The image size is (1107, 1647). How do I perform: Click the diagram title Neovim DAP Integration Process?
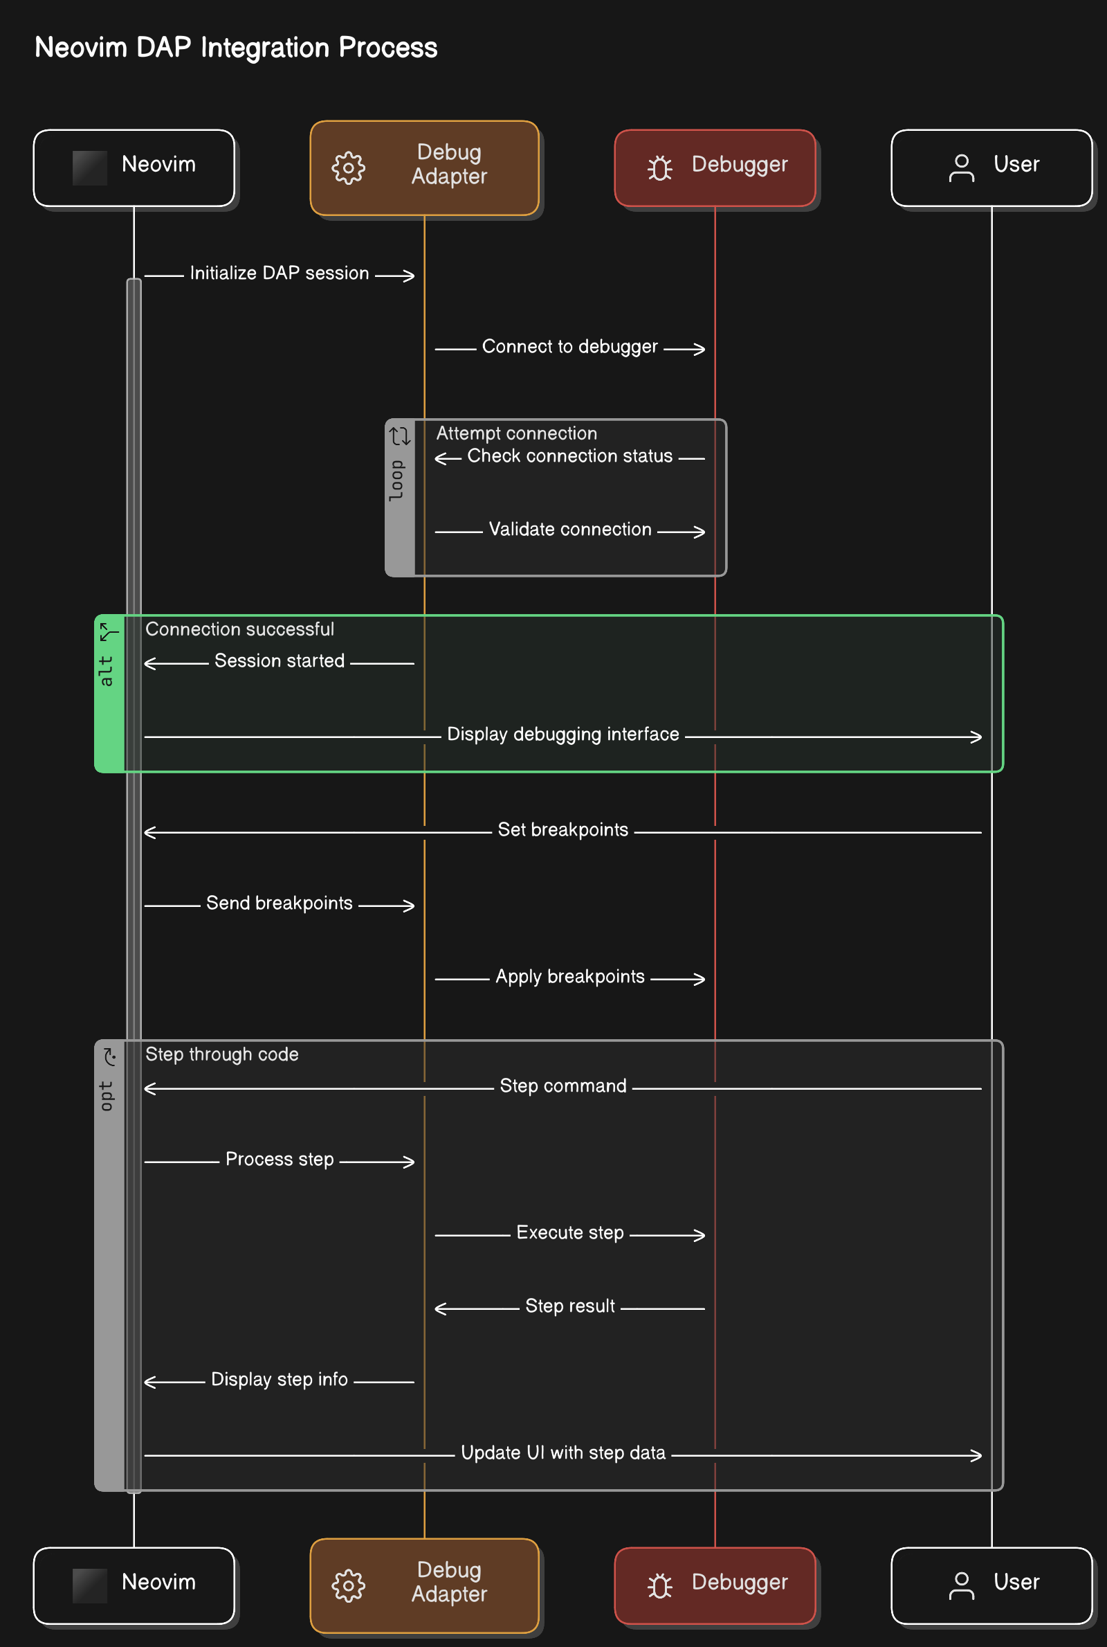(x=236, y=48)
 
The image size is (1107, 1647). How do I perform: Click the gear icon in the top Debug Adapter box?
(x=349, y=168)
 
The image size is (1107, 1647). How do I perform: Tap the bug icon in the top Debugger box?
(x=660, y=168)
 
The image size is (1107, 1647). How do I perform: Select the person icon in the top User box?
(x=962, y=168)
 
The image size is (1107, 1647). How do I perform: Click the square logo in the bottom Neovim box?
(x=90, y=1585)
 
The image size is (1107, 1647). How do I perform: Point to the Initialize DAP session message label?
(x=280, y=273)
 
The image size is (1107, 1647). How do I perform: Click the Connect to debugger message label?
(x=569, y=347)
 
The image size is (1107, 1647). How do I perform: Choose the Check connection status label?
(x=569, y=456)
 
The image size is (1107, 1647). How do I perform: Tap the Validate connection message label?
(x=569, y=530)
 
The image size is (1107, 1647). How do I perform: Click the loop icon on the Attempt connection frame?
(x=401, y=435)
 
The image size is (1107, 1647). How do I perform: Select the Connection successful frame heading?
(x=240, y=629)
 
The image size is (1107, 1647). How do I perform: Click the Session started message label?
(x=280, y=661)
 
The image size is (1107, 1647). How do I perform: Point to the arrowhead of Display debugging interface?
(x=976, y=737)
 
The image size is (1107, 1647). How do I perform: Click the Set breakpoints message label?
(x=562, y=830)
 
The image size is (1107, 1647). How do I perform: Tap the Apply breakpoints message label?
(x=569, y=977)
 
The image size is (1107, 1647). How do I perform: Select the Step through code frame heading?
(x=221, y=1054)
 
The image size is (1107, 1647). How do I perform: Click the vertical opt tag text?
(x=106, y=1096)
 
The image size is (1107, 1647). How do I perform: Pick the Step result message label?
(x=569, y=1306)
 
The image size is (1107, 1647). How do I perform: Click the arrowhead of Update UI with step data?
(x=976, y=1456)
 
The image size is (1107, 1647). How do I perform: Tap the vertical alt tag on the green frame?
(x=106, y=671)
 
